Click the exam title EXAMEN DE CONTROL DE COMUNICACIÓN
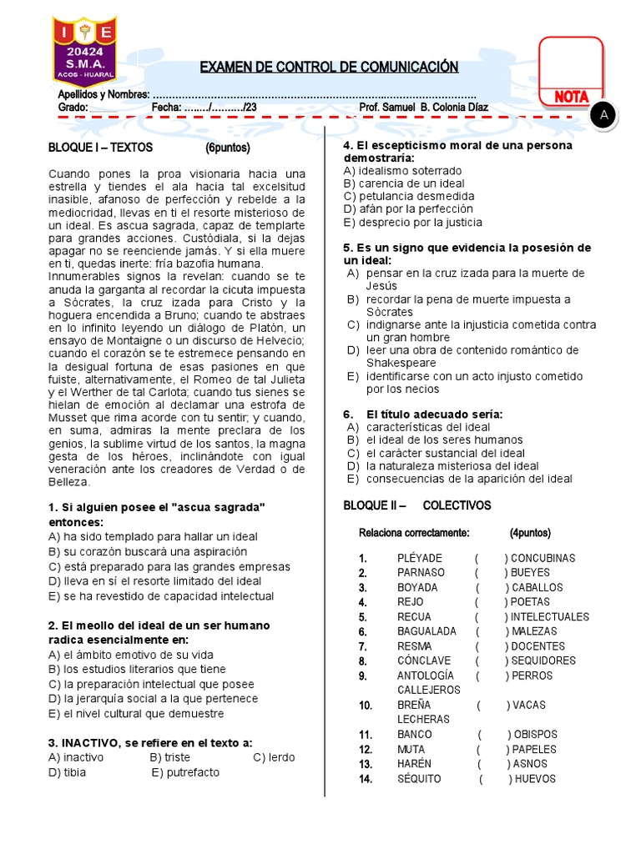pos(329,67)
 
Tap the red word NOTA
pos(571,98)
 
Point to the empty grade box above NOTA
pos(570,60)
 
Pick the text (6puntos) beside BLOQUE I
pos(233,147)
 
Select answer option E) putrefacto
pos(185,772)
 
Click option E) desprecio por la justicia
pos(412,223)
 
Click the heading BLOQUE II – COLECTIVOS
pos(417,505)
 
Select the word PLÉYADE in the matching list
pos(420,558)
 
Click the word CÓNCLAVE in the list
pos(424,661)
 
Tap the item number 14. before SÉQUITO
pos(365,779)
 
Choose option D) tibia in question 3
pos(68,772)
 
